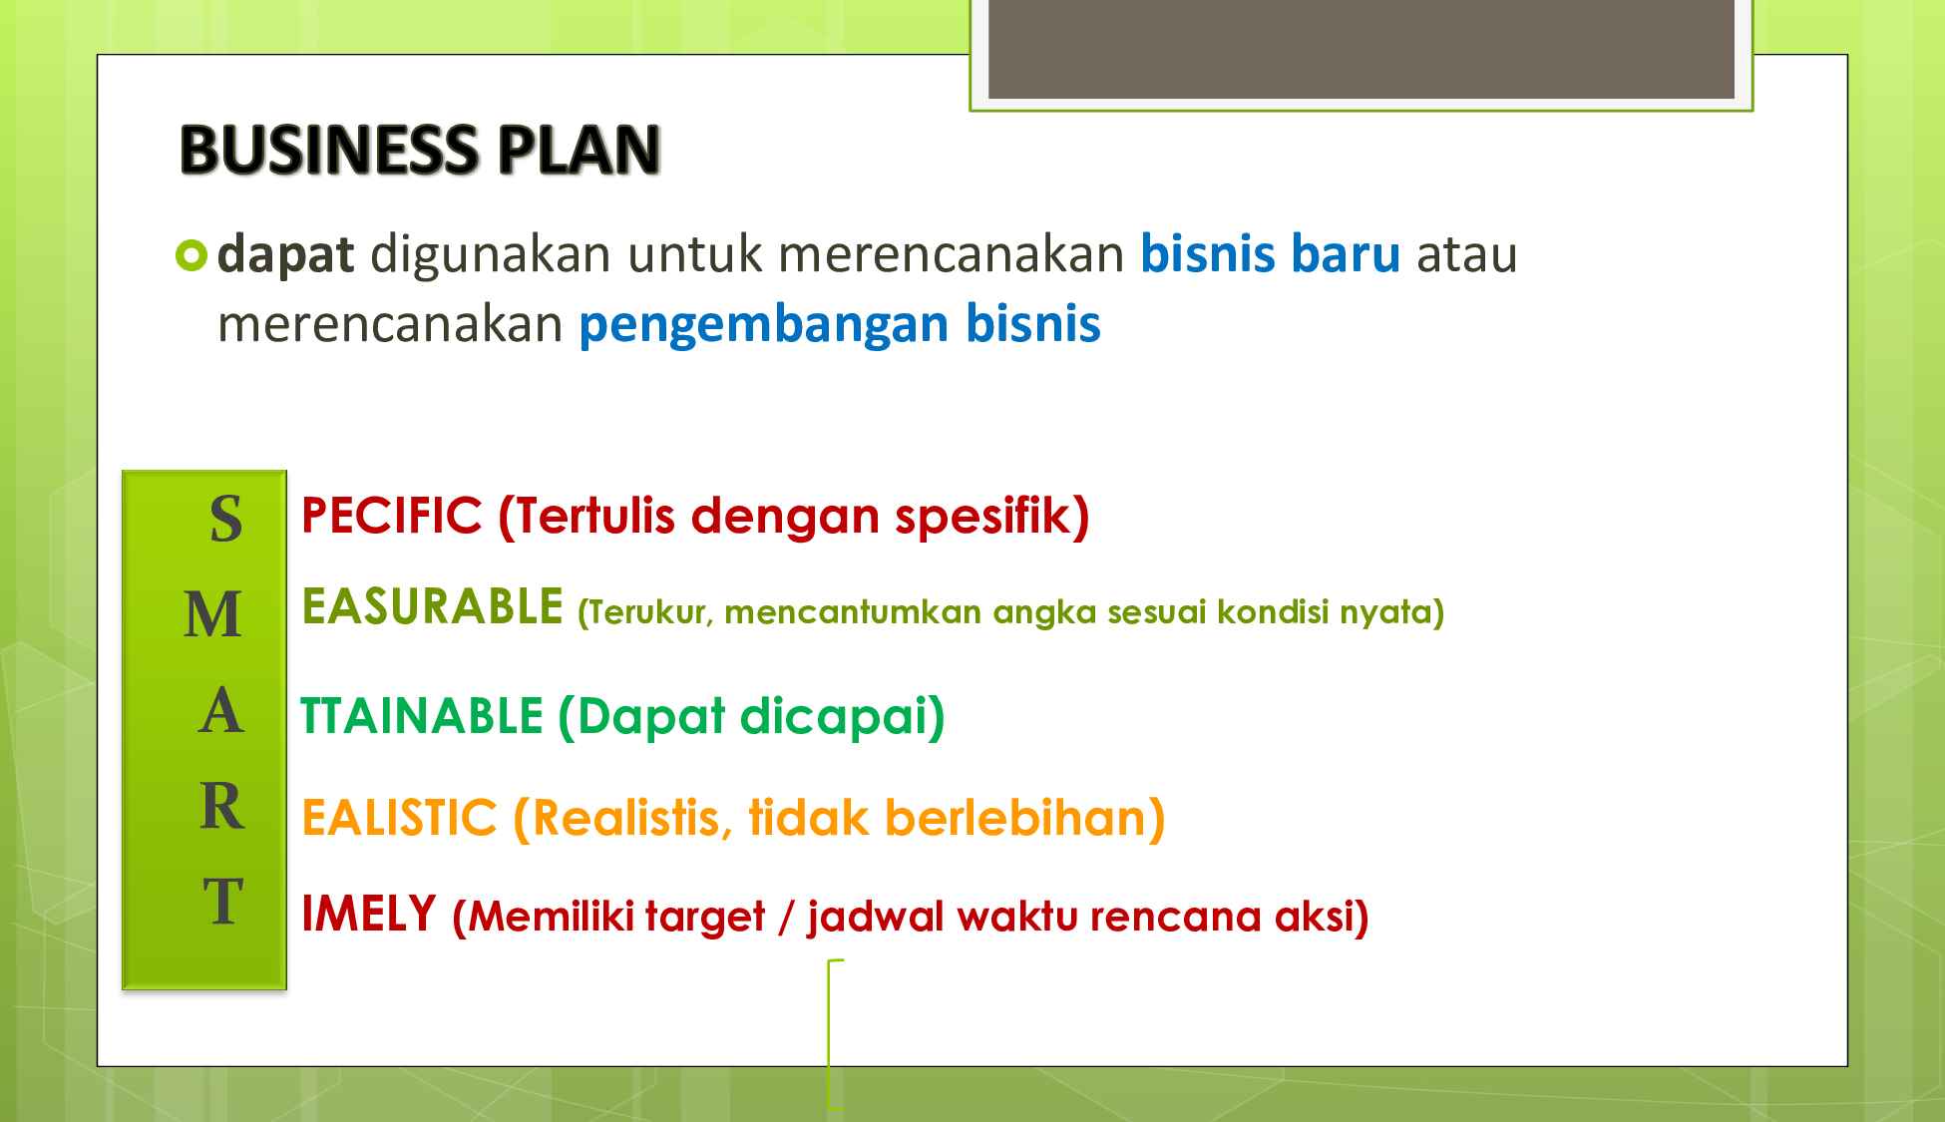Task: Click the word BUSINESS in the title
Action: click(x=329, y=151)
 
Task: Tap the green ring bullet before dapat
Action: click(x=191, y=256)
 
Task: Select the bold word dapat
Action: click(x=285, y=254)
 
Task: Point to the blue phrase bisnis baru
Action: click(x=1270, y=253)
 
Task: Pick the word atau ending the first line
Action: click(x=1466, y=254)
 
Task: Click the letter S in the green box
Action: click(x=225, y=520)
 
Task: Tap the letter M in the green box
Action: click(x=213, y=615)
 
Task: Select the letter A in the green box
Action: click(x=220, y=712)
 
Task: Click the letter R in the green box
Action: click(x=221, y=807)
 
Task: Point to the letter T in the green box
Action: click(x=223, y=902)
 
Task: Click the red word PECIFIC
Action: click(x=391, y=517)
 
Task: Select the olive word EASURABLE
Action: click(x=432, y=607)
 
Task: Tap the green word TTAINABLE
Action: click(x=421, y=717)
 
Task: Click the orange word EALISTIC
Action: click(x=398, y=819)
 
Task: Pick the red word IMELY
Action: click(x=368, y=914)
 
